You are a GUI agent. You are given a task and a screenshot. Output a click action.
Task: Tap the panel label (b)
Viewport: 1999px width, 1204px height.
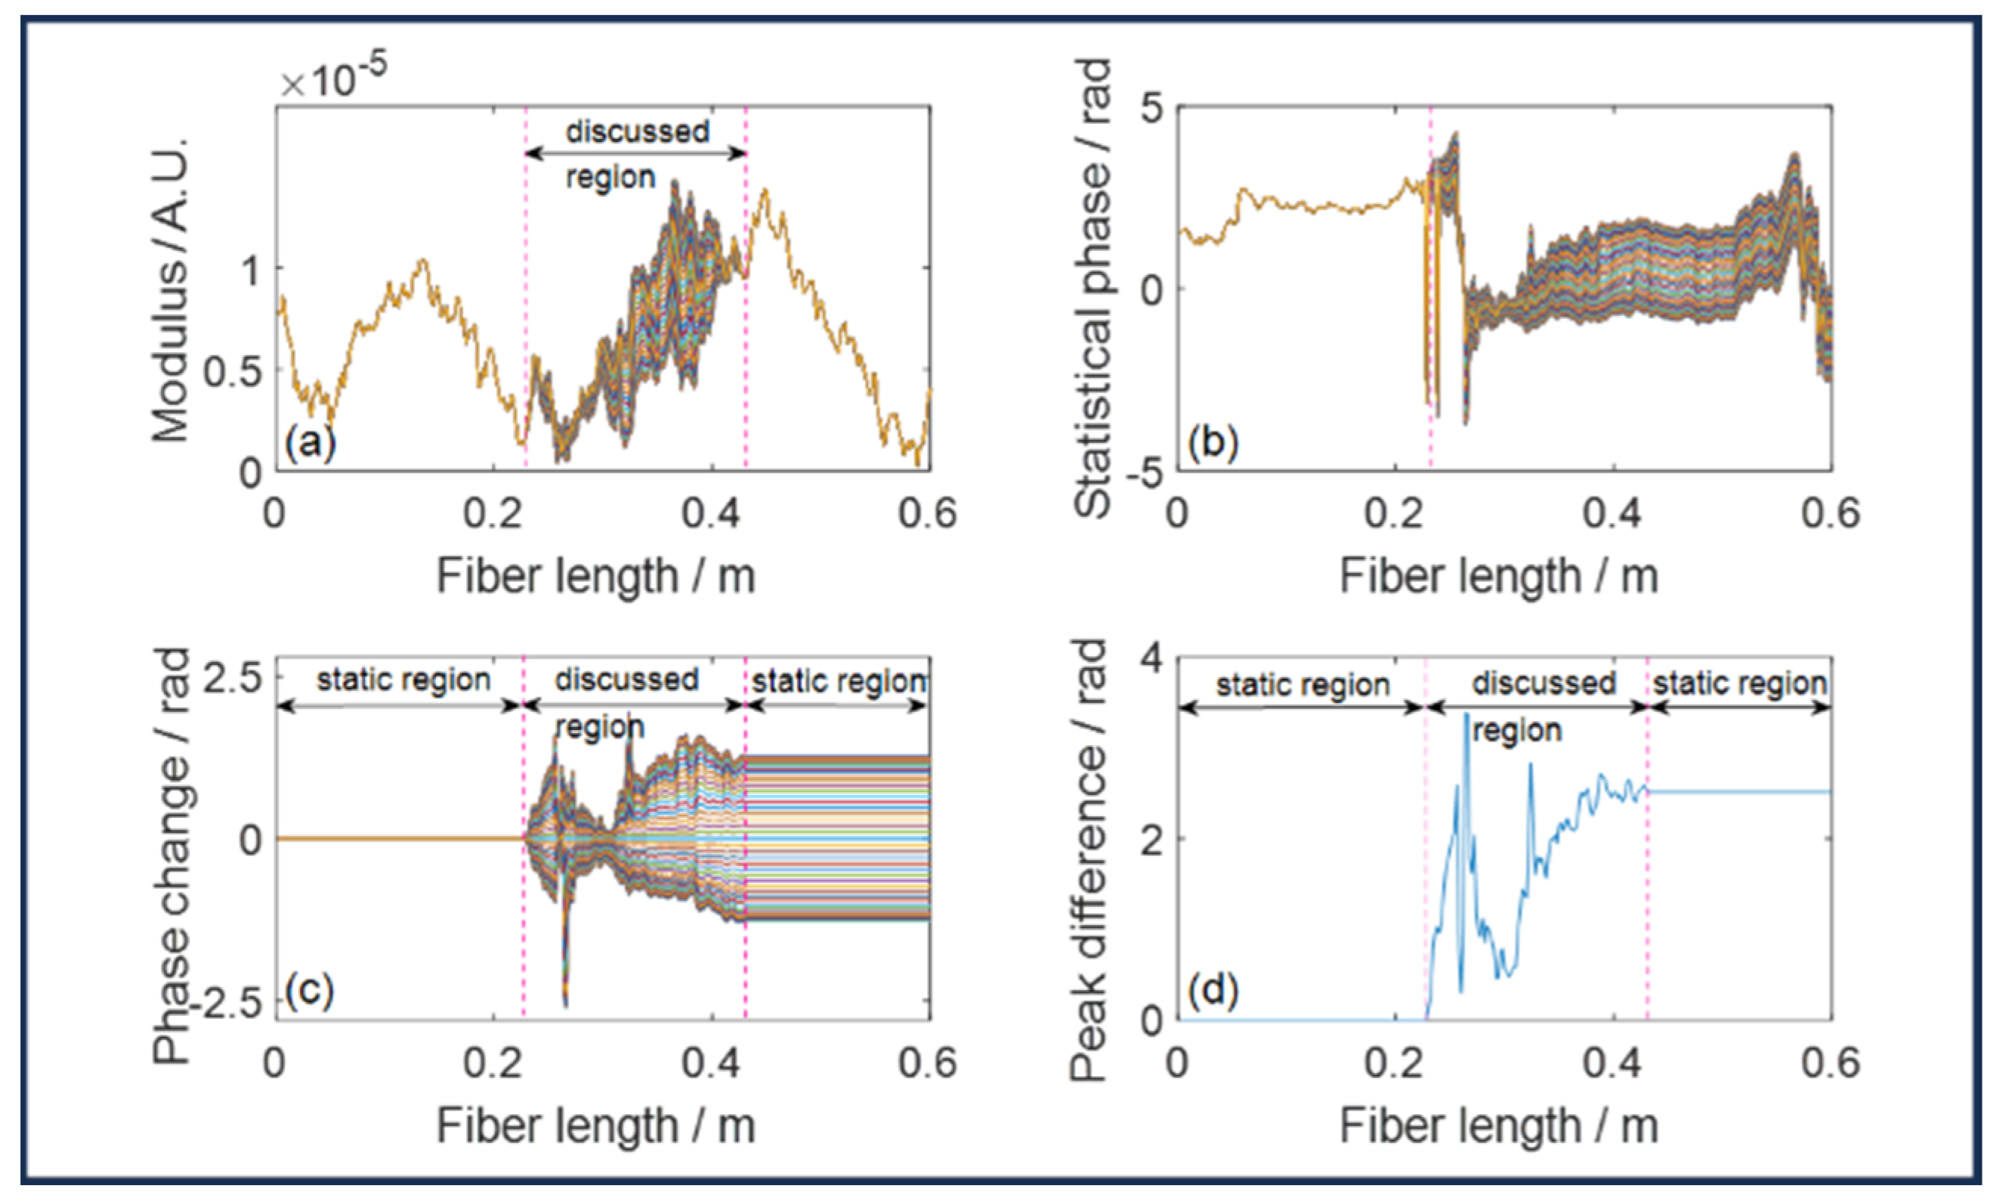pyautogui.click(x=1213, y=443)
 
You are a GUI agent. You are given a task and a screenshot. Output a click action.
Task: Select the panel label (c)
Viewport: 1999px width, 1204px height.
pyautogui.click(x=310, y=991)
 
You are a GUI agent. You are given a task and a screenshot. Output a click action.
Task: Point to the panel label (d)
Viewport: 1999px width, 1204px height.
pyautogui.click(x=1213, y=991)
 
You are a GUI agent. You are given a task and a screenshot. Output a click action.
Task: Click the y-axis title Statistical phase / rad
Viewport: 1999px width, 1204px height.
pyautogui.click(x=1091, y=288)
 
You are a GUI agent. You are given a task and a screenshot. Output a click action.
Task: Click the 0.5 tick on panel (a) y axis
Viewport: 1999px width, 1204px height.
pyautogui.click(x=232, y=372)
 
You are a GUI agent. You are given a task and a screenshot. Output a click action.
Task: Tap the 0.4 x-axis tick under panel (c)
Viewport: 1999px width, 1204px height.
pyautogui.click(x=710, y=1063)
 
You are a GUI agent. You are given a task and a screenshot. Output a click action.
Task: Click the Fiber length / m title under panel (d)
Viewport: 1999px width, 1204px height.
pyautogui.click(x=1498, y=1126)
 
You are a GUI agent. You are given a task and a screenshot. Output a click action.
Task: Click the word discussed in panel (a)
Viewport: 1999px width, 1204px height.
pyautogui.click(x=638, y=132)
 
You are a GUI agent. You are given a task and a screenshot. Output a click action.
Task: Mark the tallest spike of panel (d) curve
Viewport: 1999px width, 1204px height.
pyautogui.click(x=1466, y=716)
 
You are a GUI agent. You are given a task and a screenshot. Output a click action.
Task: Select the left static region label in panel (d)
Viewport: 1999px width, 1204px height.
pyautogui.click(x=1302, y=686)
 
